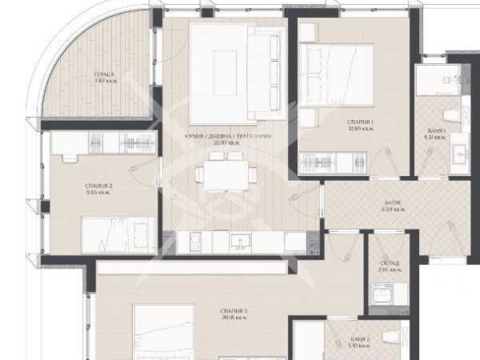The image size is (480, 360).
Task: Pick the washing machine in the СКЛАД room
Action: pyautogui.click(x=381, y=299)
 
